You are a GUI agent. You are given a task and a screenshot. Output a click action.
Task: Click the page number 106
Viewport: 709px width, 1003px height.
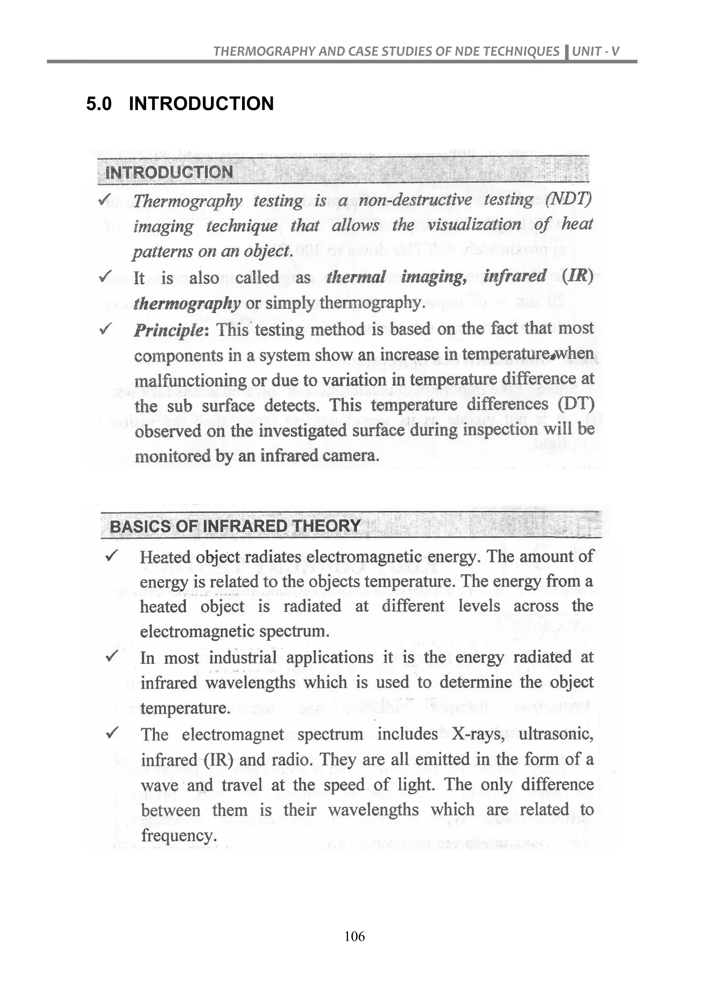pyautogui.click(x=354, y=936)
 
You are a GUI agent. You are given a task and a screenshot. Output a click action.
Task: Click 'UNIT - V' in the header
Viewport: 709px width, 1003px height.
pyautogui.click(x=595, y=52)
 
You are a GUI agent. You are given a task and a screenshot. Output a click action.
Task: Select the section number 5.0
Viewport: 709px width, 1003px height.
pyautogui.click(x=99, y=104)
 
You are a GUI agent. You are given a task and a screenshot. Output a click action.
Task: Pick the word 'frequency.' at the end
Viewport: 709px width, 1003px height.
pyautogui.click(x=179, y=836)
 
